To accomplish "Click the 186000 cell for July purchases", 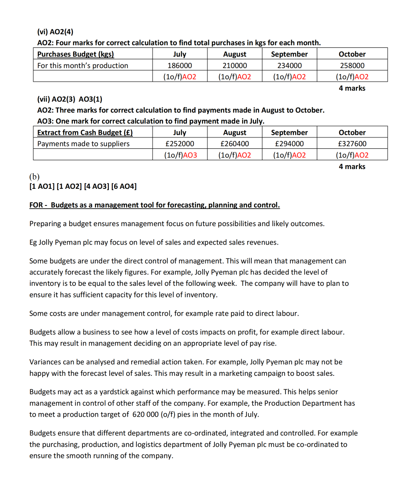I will (179, 65).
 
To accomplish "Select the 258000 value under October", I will (352, 65).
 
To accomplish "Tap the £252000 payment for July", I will (179, 144).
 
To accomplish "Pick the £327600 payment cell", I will (352, 144).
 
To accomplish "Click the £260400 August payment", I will (235, 144).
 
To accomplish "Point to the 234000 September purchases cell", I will (289, 65).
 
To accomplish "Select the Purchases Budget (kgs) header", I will (75, 54).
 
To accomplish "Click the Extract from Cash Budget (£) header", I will (85, 132).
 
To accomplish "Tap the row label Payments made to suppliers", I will (83, 144).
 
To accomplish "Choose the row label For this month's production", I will (83, 65).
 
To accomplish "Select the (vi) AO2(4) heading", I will (55, 31).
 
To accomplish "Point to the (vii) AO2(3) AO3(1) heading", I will (70, 98).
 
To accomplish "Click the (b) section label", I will (34, 176).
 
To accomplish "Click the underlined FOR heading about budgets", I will (154, 205).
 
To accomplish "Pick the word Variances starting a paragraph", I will (45, 362).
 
